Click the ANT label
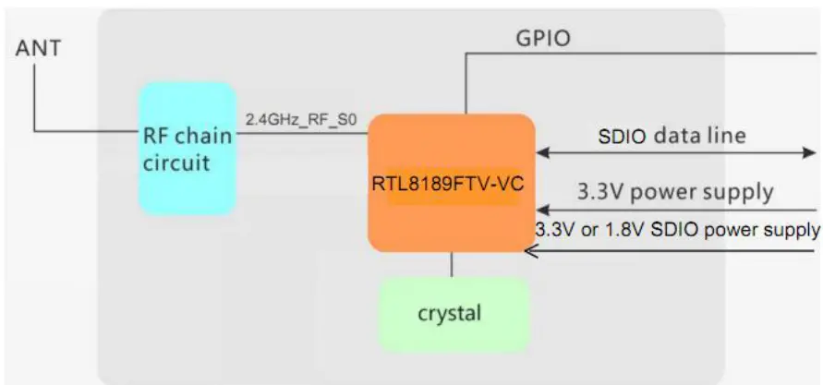(38, 48)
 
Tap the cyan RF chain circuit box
(187, 148)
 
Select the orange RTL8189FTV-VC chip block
(451, 183)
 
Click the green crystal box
(454, 314)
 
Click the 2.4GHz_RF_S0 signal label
(300, 120)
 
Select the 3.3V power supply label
(674, 192)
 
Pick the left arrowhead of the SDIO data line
(543, 150)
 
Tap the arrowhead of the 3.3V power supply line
(543, 209)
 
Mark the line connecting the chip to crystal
(452, 264)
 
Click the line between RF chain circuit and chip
(301, 132)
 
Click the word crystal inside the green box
(450, 313)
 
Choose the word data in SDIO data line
(676, 135)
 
